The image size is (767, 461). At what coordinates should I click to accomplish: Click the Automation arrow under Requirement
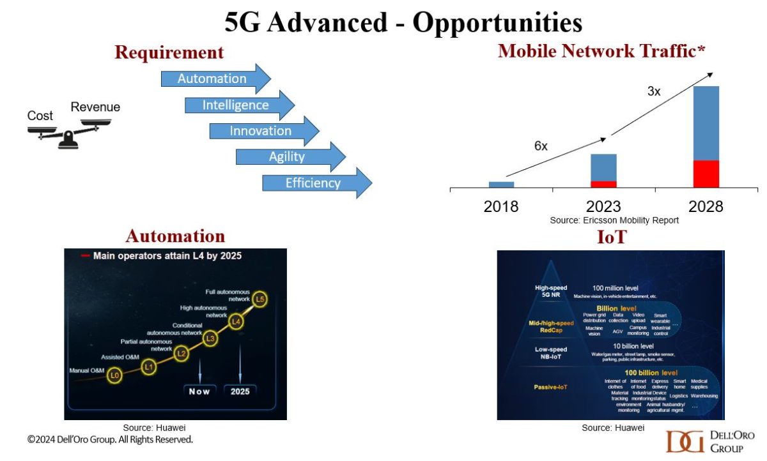[x=215, y=79]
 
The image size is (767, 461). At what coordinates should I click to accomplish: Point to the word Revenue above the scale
[x=95, y=107]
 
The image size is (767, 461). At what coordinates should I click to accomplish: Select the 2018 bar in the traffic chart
[x=501, y=185]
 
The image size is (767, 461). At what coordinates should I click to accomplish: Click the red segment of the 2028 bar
[x=706, y=174]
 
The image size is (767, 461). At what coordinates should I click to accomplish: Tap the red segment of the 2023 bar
[x=603, y=184]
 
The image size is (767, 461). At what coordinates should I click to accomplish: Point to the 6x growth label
[x=541, y=146]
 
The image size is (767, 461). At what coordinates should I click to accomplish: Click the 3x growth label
[x=654, y=91]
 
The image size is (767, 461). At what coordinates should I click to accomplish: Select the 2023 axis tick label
[x=603, y=206]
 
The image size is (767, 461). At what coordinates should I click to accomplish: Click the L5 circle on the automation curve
[x=260, y=299]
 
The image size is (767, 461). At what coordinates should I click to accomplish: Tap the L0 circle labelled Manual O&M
[x=115, y=375]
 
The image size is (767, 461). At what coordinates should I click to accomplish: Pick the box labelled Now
[x=200, y=390]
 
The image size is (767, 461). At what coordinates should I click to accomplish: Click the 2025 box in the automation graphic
[x=240, y=390]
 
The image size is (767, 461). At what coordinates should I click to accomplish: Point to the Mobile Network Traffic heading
[x=601, y=51]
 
